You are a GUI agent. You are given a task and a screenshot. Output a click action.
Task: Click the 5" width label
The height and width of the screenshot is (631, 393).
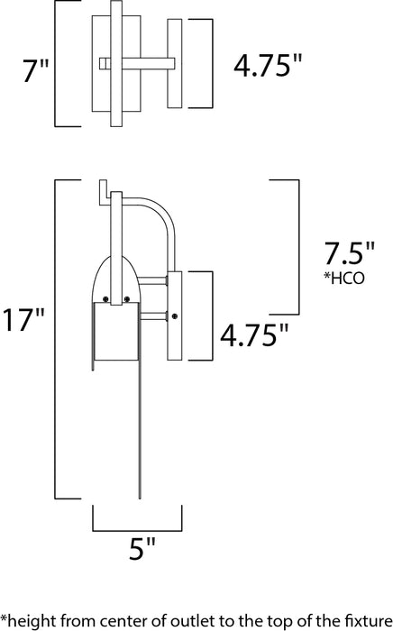tap(137, 547)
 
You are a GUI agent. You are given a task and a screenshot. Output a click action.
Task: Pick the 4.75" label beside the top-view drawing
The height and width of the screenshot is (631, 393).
tap(267, 66)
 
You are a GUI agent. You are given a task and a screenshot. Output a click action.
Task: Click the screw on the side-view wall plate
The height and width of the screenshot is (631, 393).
tap(175, 315)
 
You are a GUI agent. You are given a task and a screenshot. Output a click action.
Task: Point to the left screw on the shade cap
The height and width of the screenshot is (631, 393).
tap(106, 298)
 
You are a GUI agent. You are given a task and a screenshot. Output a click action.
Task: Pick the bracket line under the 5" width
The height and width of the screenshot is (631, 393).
tap(137, 531)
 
